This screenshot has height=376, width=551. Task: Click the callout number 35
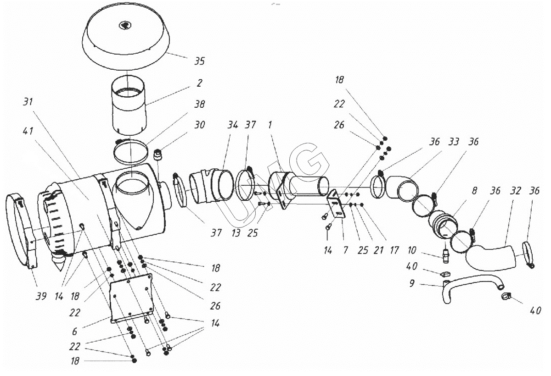point(199,61)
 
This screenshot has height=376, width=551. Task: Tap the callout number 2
point(199,83)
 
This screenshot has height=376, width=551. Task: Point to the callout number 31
point(28,101)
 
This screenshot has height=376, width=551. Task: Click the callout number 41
point(28,131)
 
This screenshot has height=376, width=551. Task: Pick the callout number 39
point(41,296)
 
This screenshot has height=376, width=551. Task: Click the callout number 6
point(75,332)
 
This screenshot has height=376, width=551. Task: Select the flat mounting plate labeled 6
point(132,299)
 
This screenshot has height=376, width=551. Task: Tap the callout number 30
point(199,125)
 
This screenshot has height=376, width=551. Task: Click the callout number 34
point(232,125)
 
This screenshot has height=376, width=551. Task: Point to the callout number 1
point(270,125)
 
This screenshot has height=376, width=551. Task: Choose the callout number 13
point(236,233)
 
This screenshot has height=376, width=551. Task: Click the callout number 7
point(346,250)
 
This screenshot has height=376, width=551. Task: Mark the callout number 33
point(454,142)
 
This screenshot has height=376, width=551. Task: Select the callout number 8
point(474,191)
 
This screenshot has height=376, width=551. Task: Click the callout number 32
point(515,191)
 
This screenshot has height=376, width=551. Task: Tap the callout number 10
point(411,250)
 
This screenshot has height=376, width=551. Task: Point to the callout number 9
point(411,283)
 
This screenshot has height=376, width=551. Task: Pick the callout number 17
point(394,250)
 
